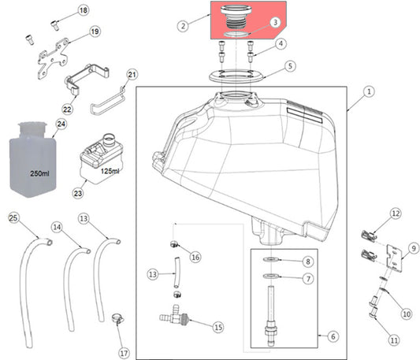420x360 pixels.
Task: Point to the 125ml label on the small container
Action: (x=110, y=171)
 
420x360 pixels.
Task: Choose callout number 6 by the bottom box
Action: (x=332, y=336)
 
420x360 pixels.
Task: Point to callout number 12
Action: (x=396, y=213)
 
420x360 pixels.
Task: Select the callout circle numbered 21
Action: (x=132, y=75)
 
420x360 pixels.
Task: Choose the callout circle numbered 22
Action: (x=68, y=108)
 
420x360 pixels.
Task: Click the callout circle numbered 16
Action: (x=195, y=257)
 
